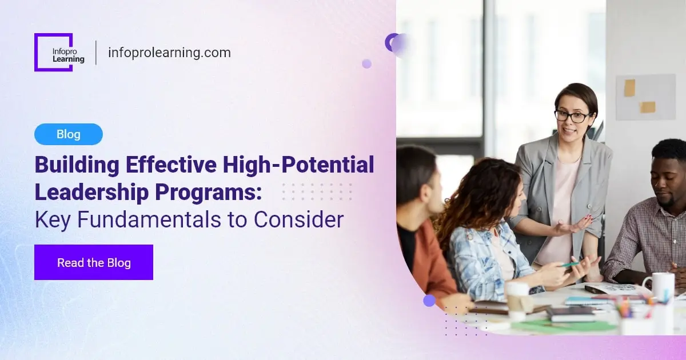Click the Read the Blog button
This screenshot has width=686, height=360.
pyautogui.click(x=94, y=263)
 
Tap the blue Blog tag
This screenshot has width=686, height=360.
pyautogui.click(x=69, y=134)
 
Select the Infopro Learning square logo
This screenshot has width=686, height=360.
pyautogui.click(x=54, y=52)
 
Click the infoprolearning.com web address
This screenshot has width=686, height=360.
pyautogui.click(x=169, y=53)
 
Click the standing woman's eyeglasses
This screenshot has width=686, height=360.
pyautogui.click(x=572, y=117)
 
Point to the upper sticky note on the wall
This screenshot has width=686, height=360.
pyautogui.click(x=629, y=87)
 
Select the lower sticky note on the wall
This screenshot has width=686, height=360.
pyautogui.click(x=647, y=107)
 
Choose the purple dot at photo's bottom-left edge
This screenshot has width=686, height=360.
pyautogui.click(x=429, y=301)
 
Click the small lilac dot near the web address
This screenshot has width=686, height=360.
pyautogui.click(x=366, y=63)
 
